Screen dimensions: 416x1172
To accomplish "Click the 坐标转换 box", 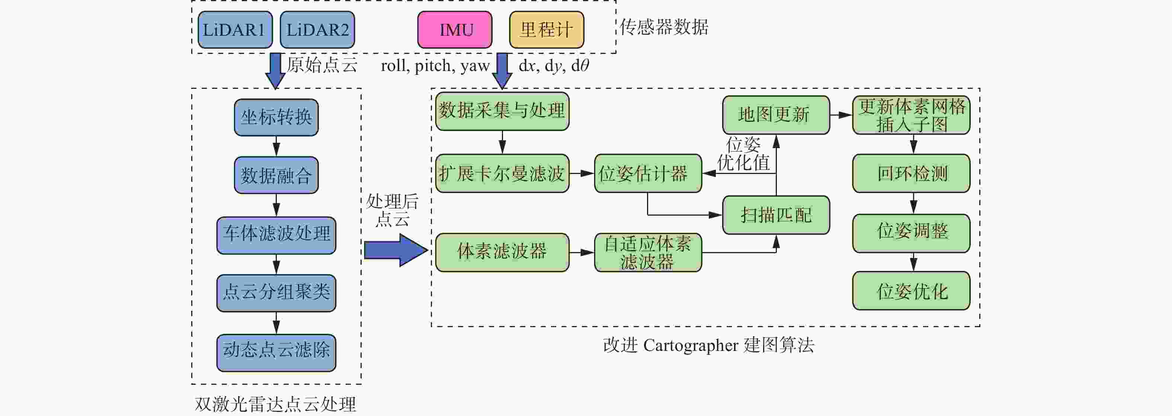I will pyautogui.click(x=276, y=117).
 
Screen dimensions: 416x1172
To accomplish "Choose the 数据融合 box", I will pyautogui.click(x=276, y=175).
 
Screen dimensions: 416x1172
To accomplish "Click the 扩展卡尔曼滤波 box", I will pyautogui.click(x=502, y=173).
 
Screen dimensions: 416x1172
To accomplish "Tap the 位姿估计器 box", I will pyautogui.click(x=647, y=173).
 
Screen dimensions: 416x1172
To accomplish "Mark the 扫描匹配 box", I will pyautogui.click(x=776, y=215).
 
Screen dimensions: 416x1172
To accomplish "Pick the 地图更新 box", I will pyautogui.click(x=776, y=115).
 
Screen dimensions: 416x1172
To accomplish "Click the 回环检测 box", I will pyautogui.click(x=911, y=173).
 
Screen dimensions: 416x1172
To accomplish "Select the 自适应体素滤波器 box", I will pyautogui.click(x=647, y=252).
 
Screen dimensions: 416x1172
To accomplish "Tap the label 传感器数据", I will pyautogui.click(x=664, y=27).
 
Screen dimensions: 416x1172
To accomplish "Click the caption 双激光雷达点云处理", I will pyautogui.click(x=276, y=404).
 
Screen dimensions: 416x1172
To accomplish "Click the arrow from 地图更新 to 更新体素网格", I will pyautogui.click(x=841, y=115).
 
